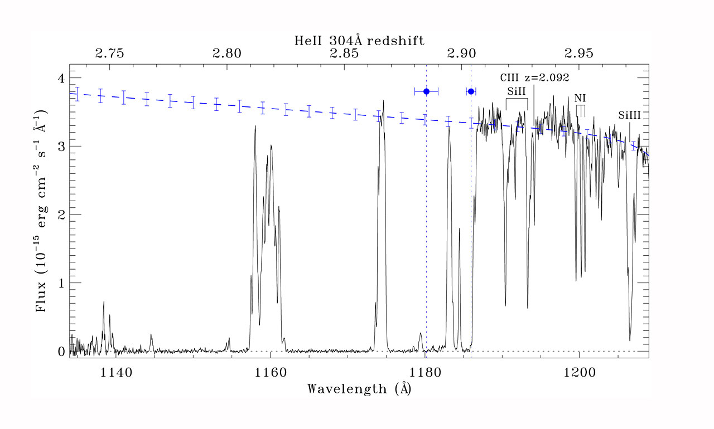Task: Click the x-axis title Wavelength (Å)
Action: point(359,388)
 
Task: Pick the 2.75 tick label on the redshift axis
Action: point(109,54)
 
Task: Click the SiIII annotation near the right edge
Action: point(629,115)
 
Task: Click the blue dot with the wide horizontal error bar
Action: point(426,91)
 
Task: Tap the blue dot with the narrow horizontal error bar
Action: point(471,91)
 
